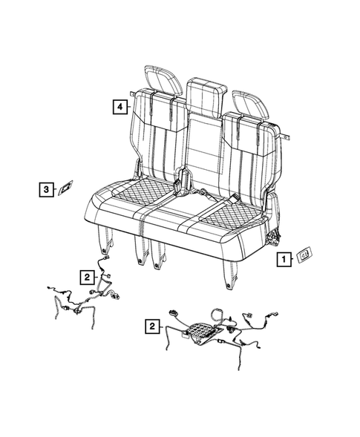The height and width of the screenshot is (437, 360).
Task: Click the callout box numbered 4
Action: coord(118,106)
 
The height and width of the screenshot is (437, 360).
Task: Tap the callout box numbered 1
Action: coord(282,259)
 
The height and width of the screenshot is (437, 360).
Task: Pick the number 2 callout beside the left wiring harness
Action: coord(87,277)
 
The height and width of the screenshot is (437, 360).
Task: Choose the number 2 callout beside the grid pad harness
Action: coord(152,326)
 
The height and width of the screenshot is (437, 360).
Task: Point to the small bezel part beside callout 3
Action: coord(66,188)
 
